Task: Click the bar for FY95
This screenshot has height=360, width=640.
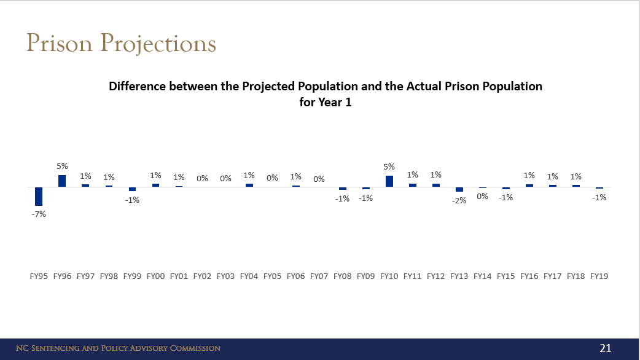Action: click(x=39, y=196)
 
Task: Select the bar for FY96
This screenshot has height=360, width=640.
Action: click(x=62, y=181)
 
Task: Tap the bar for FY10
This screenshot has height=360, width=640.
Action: click(x=389, y=181)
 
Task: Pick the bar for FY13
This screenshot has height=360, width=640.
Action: click(x=459, y=189)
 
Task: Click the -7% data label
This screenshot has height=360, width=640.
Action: click(x=39, y=214)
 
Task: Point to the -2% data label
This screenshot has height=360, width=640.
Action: click(x=459, y=200)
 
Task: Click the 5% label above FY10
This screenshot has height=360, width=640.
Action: click(x=389, y=166)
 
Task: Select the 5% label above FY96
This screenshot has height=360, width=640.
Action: click(x=62, y=166)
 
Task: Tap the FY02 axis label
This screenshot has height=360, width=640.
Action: click(x=202, y=276)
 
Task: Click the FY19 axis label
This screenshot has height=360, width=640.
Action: click(x=599, y=276)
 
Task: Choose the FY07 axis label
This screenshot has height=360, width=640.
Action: click(x=319, y=276)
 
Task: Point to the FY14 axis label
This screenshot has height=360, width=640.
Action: click(x=482, y=276)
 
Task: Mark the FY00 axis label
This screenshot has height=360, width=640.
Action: click(x=155, y=276)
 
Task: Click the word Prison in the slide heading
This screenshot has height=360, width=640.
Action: click(x=60, y=44)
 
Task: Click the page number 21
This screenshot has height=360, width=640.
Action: click(x=606, y=348)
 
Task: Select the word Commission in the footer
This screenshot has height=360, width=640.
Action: click(x=192, y=348)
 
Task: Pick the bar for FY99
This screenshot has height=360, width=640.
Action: click(x=132, y=189)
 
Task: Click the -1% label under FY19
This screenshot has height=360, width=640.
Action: click(x=599, y=197)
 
